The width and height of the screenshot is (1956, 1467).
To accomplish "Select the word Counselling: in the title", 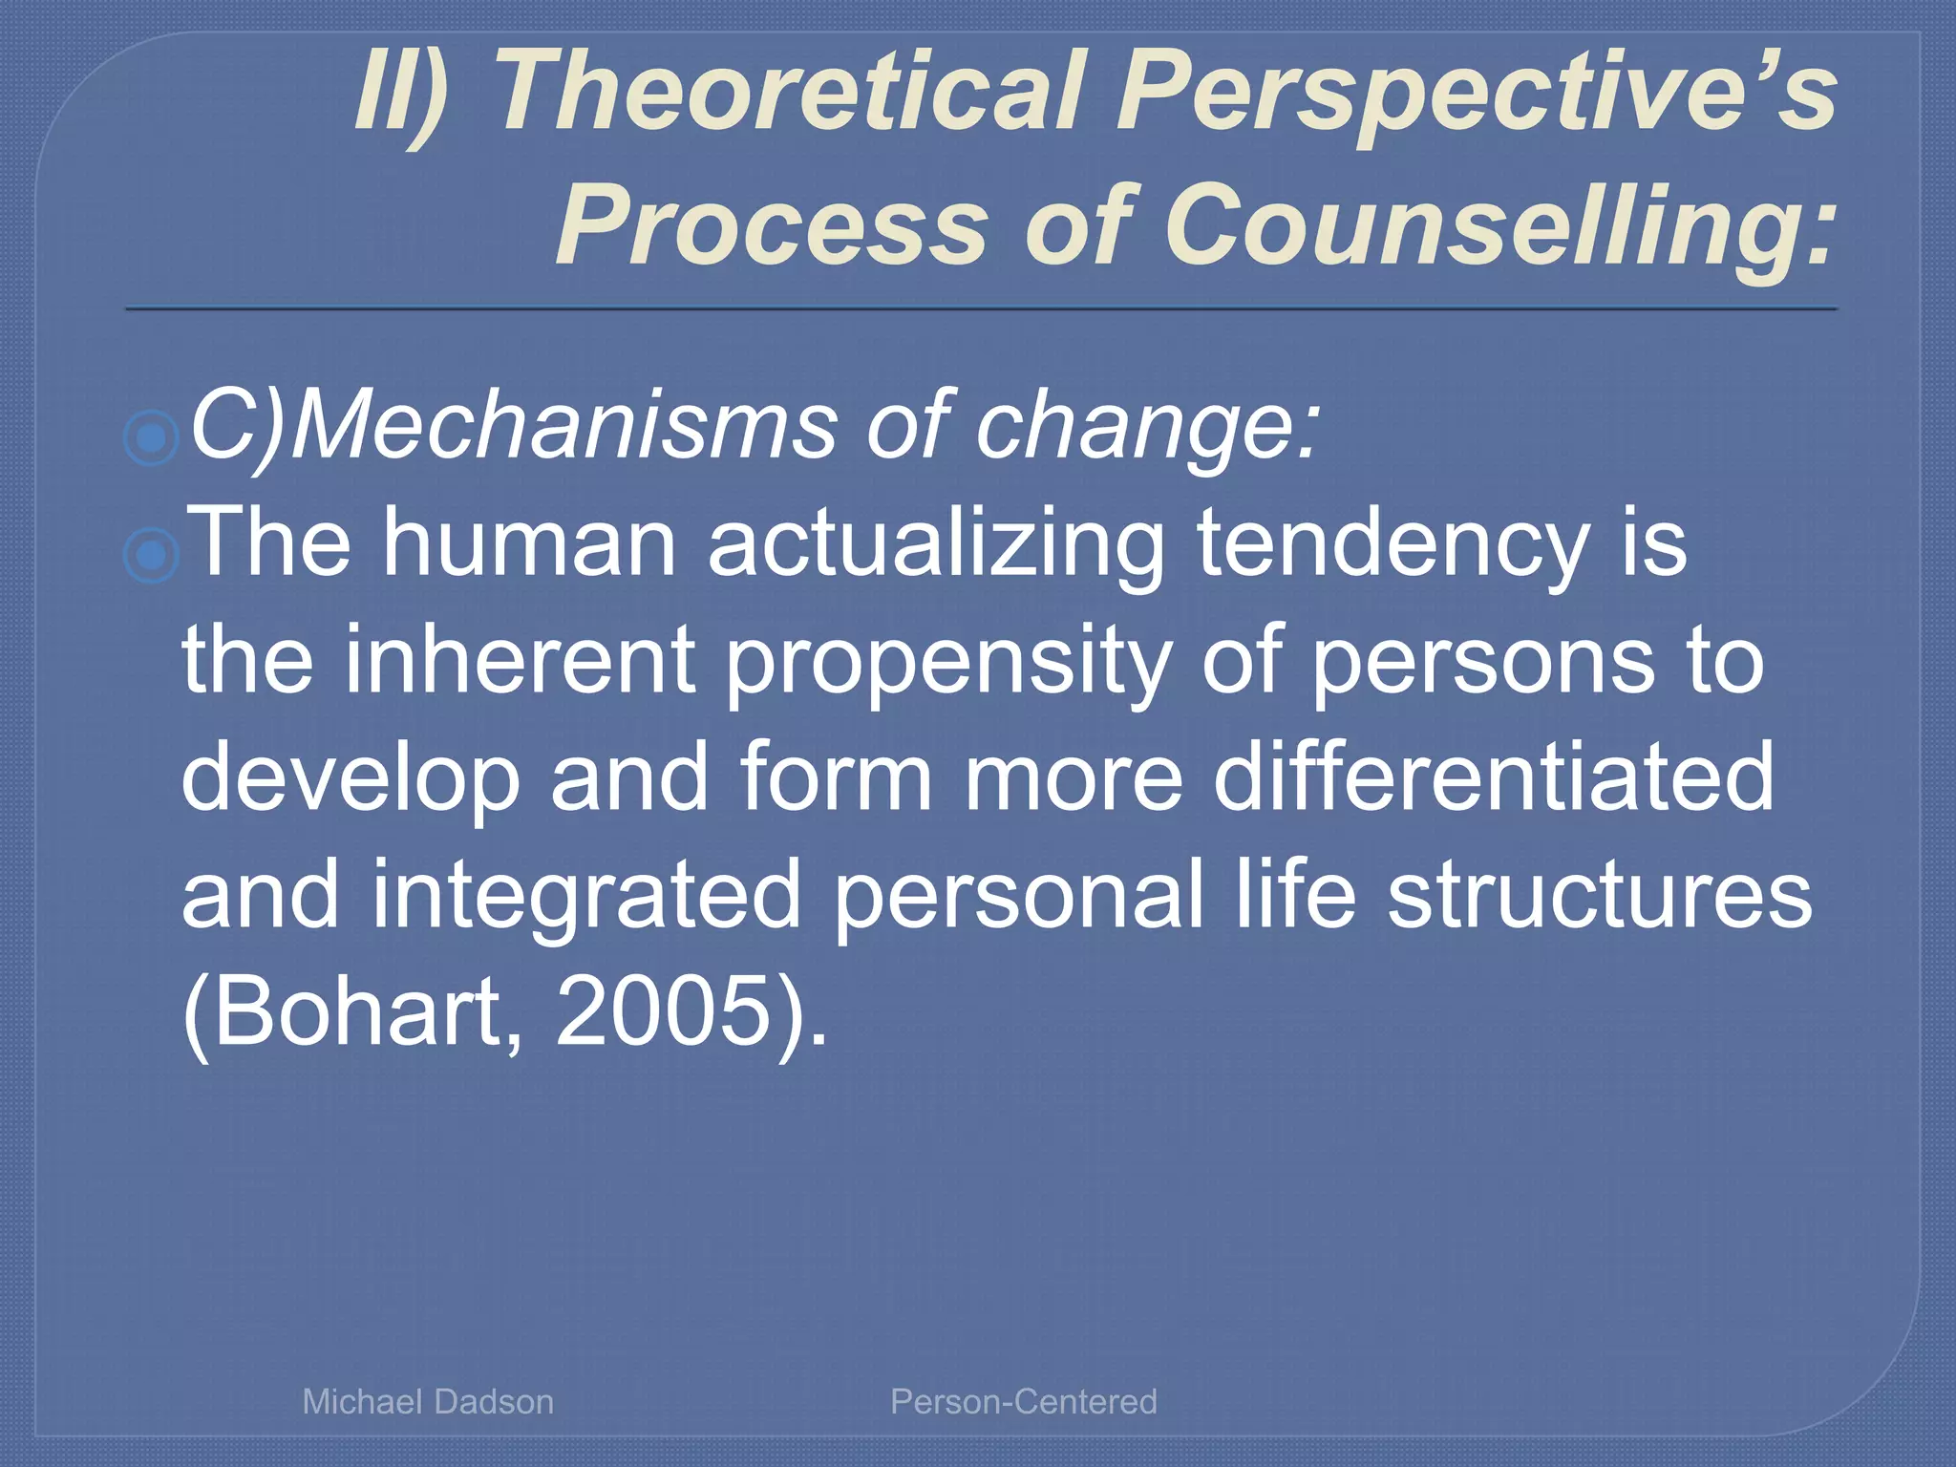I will point(1499,227).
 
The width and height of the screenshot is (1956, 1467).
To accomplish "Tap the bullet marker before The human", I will point(152,555).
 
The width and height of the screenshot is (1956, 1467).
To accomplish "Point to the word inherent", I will point(520,661).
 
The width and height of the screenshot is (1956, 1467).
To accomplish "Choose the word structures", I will point(1600,894).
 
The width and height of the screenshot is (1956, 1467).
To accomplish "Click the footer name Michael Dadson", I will point(428,1402).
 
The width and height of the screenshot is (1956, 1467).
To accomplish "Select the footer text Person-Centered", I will point(1024,1402).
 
